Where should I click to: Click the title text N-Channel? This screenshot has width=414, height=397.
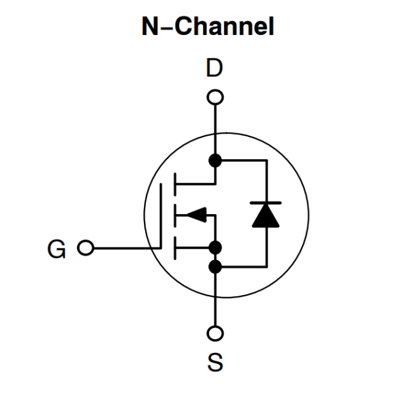click(208, 27)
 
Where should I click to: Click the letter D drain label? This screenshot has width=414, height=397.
click(215, 69)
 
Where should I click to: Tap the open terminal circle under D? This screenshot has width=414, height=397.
click(216, 97)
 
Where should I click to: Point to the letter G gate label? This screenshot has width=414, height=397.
click(57, 249)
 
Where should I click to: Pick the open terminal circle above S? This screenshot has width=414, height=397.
click(216, 333)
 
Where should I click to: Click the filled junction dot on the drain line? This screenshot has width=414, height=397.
click(216, 160)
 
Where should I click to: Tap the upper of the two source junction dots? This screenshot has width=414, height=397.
click(216, 247)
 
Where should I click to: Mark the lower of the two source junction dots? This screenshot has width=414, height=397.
click(216, 267)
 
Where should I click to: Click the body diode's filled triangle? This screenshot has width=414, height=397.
click(266, 217)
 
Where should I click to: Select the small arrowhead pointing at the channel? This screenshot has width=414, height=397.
click(197, 215)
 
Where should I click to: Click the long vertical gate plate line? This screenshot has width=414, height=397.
click(161, 215)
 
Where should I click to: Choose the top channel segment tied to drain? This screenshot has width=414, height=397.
click(174, 184)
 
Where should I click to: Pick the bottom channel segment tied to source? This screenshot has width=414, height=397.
click(174, 247)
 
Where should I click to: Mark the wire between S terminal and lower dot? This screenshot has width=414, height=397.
click(216, 300)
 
